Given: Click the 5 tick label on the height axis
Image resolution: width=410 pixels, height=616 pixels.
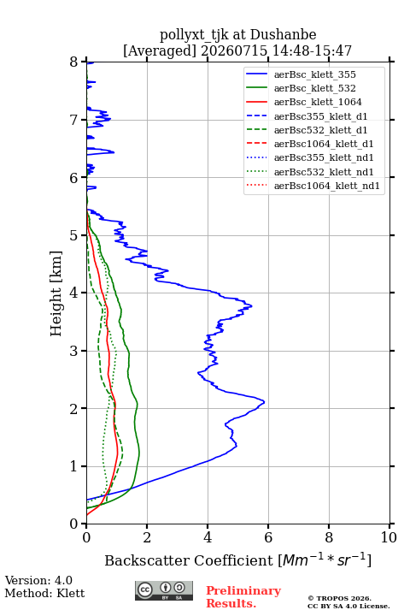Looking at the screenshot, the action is pos(74,235).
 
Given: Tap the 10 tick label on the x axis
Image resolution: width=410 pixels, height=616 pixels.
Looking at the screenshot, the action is pos(389,537).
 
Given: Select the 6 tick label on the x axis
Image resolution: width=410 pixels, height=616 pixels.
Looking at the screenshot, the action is pos(268,537).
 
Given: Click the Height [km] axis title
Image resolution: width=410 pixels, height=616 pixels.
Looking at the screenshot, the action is pos(56,293).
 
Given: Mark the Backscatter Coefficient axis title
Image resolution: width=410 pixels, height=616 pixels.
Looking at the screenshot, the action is pos(237,560).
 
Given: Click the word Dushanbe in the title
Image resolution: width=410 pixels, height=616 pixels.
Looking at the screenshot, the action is pos(283,34).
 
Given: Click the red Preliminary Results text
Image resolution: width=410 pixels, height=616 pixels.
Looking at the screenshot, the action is pos(243,597).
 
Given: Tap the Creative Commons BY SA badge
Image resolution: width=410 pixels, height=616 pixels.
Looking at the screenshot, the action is pos(164,590).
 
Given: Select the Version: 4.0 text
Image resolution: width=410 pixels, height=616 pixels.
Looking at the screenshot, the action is pos(38,580).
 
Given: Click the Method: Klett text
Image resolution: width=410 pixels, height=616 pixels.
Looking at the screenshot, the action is pos(44,593).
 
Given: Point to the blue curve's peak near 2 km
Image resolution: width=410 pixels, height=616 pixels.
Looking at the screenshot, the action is pos(264,401).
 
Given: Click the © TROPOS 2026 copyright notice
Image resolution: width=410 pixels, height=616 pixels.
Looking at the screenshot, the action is pos(339,598).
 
